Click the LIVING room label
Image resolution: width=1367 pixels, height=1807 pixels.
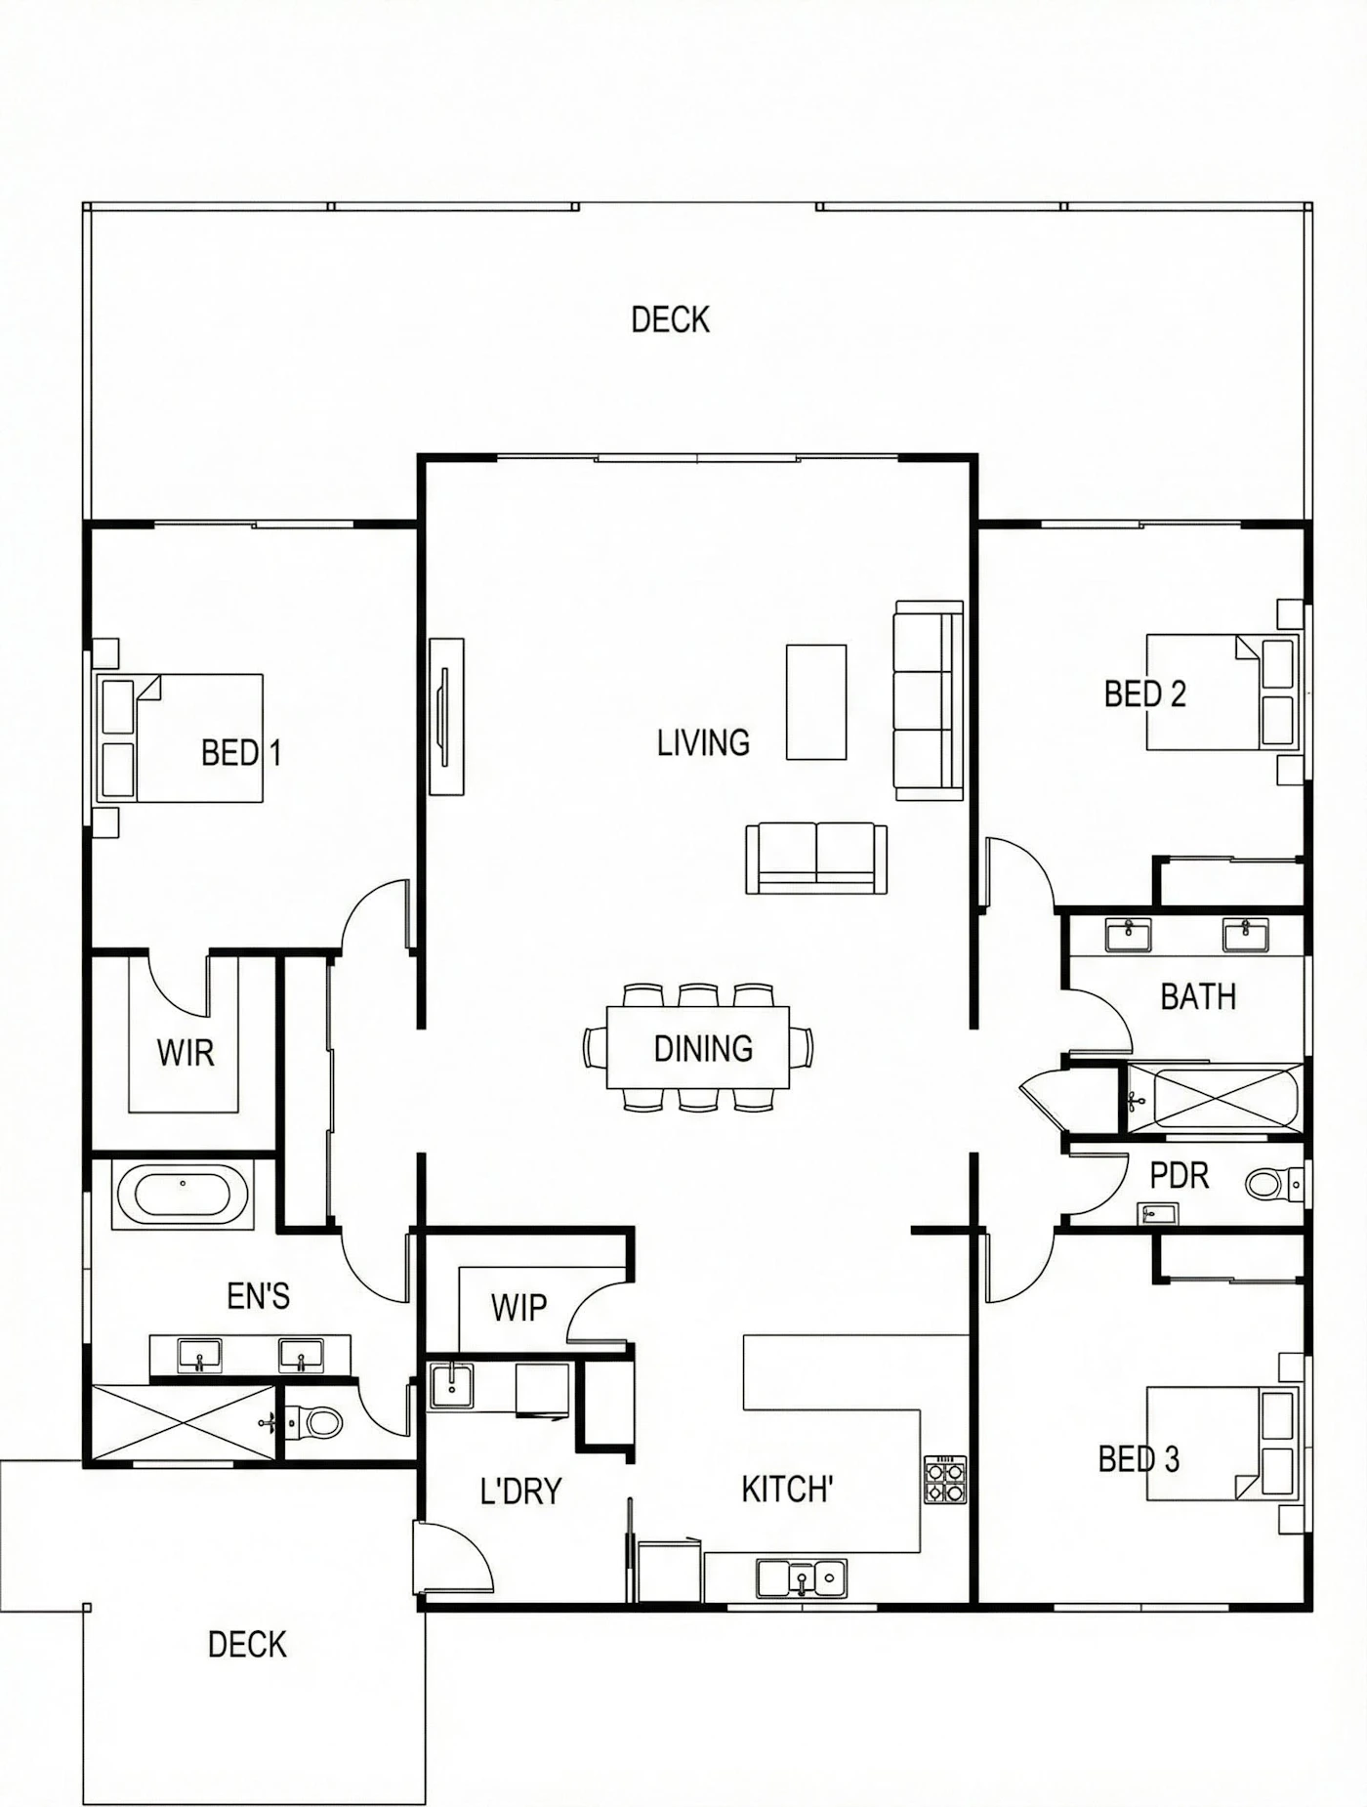click(x=703, y=743)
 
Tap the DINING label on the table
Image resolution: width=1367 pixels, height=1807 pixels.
click(x=703, y=1049)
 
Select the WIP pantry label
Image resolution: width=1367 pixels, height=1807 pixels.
click(x=518, y=1307)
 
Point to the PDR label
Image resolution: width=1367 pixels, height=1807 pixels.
click(x=1180, y=1175)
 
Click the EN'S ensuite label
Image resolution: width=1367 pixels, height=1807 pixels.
click(x=258, y=1296)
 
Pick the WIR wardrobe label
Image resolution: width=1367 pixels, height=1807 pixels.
click(x=185, y=1053)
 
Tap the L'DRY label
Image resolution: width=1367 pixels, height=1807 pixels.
click(x=520, y=1492)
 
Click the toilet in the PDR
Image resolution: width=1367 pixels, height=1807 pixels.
click(x=1273, y=1185)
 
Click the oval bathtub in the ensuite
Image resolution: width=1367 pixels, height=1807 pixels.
click(x=184, y=1195)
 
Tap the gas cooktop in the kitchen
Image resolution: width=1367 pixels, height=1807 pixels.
click(x=945, y=1480)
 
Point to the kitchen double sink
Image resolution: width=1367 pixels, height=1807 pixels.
click(x=802, y=1578)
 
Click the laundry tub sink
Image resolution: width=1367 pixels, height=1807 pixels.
click(x=451, y=1385)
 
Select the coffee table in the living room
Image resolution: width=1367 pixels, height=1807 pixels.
click(x=816, y=701)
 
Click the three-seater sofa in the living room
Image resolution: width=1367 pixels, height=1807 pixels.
click(x=929, y=700)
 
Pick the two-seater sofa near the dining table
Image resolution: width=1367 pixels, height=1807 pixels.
click(x=816, y=858)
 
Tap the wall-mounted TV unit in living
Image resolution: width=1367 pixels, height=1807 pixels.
click(x=446, y=717)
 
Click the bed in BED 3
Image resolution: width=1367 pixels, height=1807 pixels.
click(x=1222, y=1444)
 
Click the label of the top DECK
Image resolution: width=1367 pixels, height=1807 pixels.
click(x=670, y=319)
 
